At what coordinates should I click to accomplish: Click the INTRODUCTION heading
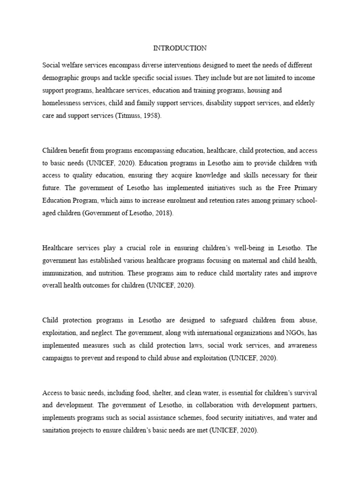click(180, 48)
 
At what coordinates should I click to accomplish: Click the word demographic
click(63, 77)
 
